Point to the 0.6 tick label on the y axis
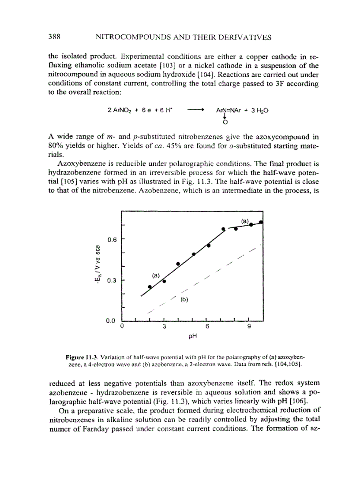point(112,240)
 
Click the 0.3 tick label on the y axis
point(112,280)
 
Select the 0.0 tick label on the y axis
point(112,320)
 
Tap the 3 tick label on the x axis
point(164,327)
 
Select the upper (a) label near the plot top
point(245,220)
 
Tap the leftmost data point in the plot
point(150,287)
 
